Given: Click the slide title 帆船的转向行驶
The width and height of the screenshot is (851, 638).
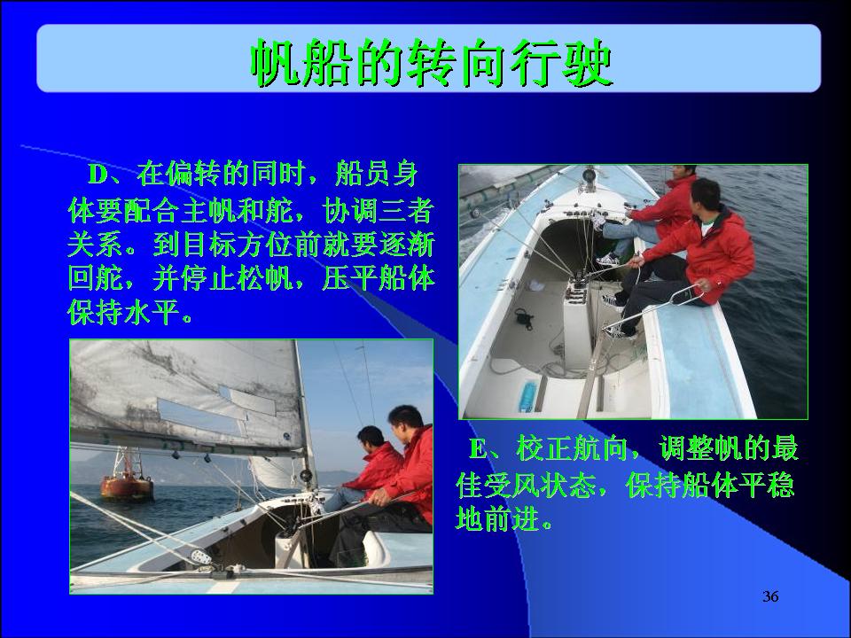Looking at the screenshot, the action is coord(432,62).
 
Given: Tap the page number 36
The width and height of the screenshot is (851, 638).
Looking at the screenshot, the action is coord(770,596).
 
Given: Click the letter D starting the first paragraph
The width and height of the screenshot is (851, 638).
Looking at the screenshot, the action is coord(98,175).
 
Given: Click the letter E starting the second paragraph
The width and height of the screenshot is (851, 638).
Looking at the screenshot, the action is coord(478,449).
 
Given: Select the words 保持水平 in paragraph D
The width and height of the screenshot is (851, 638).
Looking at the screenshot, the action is coord(123,312).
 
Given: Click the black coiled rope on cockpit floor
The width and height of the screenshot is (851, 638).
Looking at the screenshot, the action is coord(523,318).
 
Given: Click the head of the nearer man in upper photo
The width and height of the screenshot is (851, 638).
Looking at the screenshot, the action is coord(706,196).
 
